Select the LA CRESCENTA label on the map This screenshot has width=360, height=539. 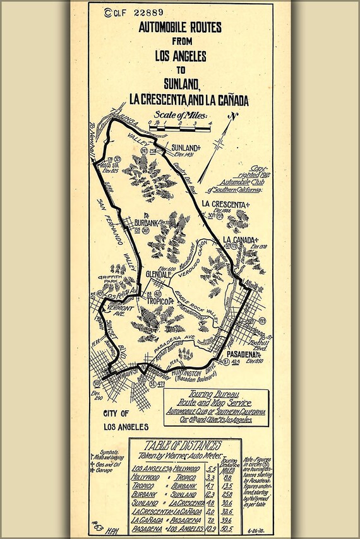226,204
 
